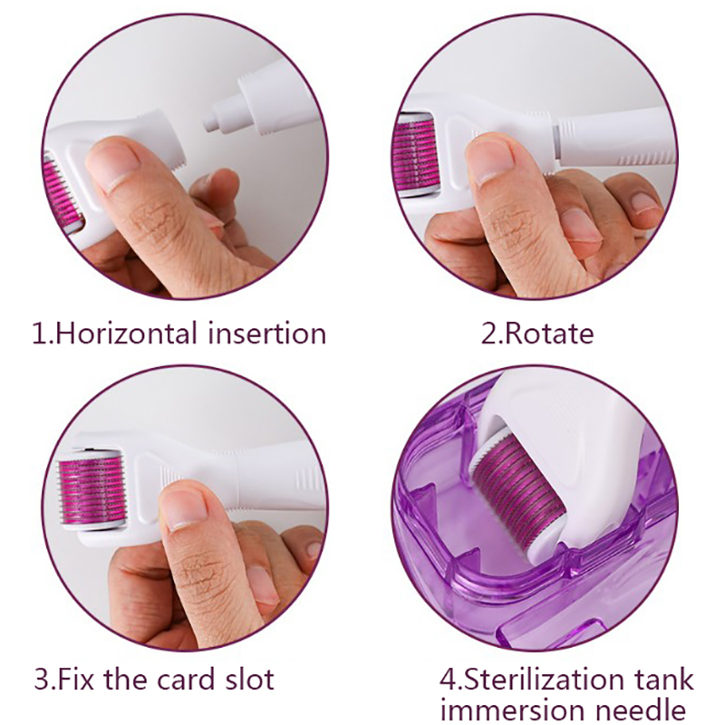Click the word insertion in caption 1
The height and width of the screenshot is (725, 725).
267,333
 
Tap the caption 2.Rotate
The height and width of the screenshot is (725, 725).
537,333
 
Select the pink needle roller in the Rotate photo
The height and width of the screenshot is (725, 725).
415,154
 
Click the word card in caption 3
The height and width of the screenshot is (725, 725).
186,679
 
